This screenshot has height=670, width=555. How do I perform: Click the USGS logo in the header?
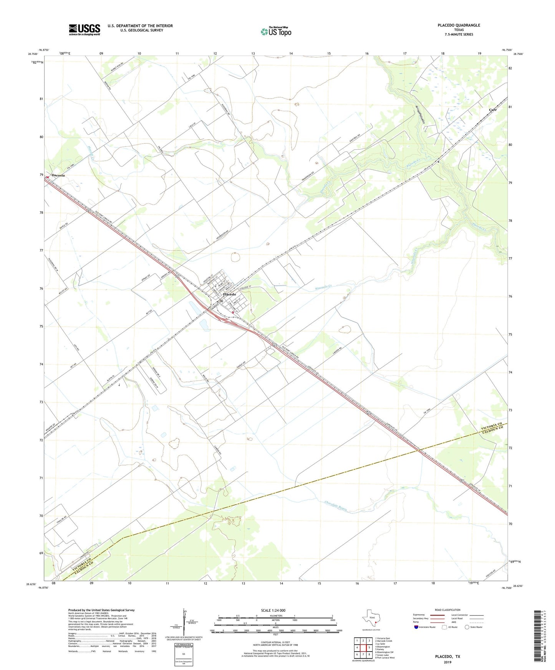point(84,29)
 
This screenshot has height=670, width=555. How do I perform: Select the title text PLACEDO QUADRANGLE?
point(459,25)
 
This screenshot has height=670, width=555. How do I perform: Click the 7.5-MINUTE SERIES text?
point(459,35)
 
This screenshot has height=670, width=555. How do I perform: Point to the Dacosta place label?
point(58,175)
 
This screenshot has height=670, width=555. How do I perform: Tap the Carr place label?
point(492,110)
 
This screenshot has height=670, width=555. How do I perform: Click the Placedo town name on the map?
point(230,294)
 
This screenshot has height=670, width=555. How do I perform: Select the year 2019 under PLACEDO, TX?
point(447,662)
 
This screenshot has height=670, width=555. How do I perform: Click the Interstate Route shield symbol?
point(416,627)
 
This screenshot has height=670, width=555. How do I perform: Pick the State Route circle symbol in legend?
point(467,627)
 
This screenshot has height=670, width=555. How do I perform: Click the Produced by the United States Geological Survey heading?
point(101,610)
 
